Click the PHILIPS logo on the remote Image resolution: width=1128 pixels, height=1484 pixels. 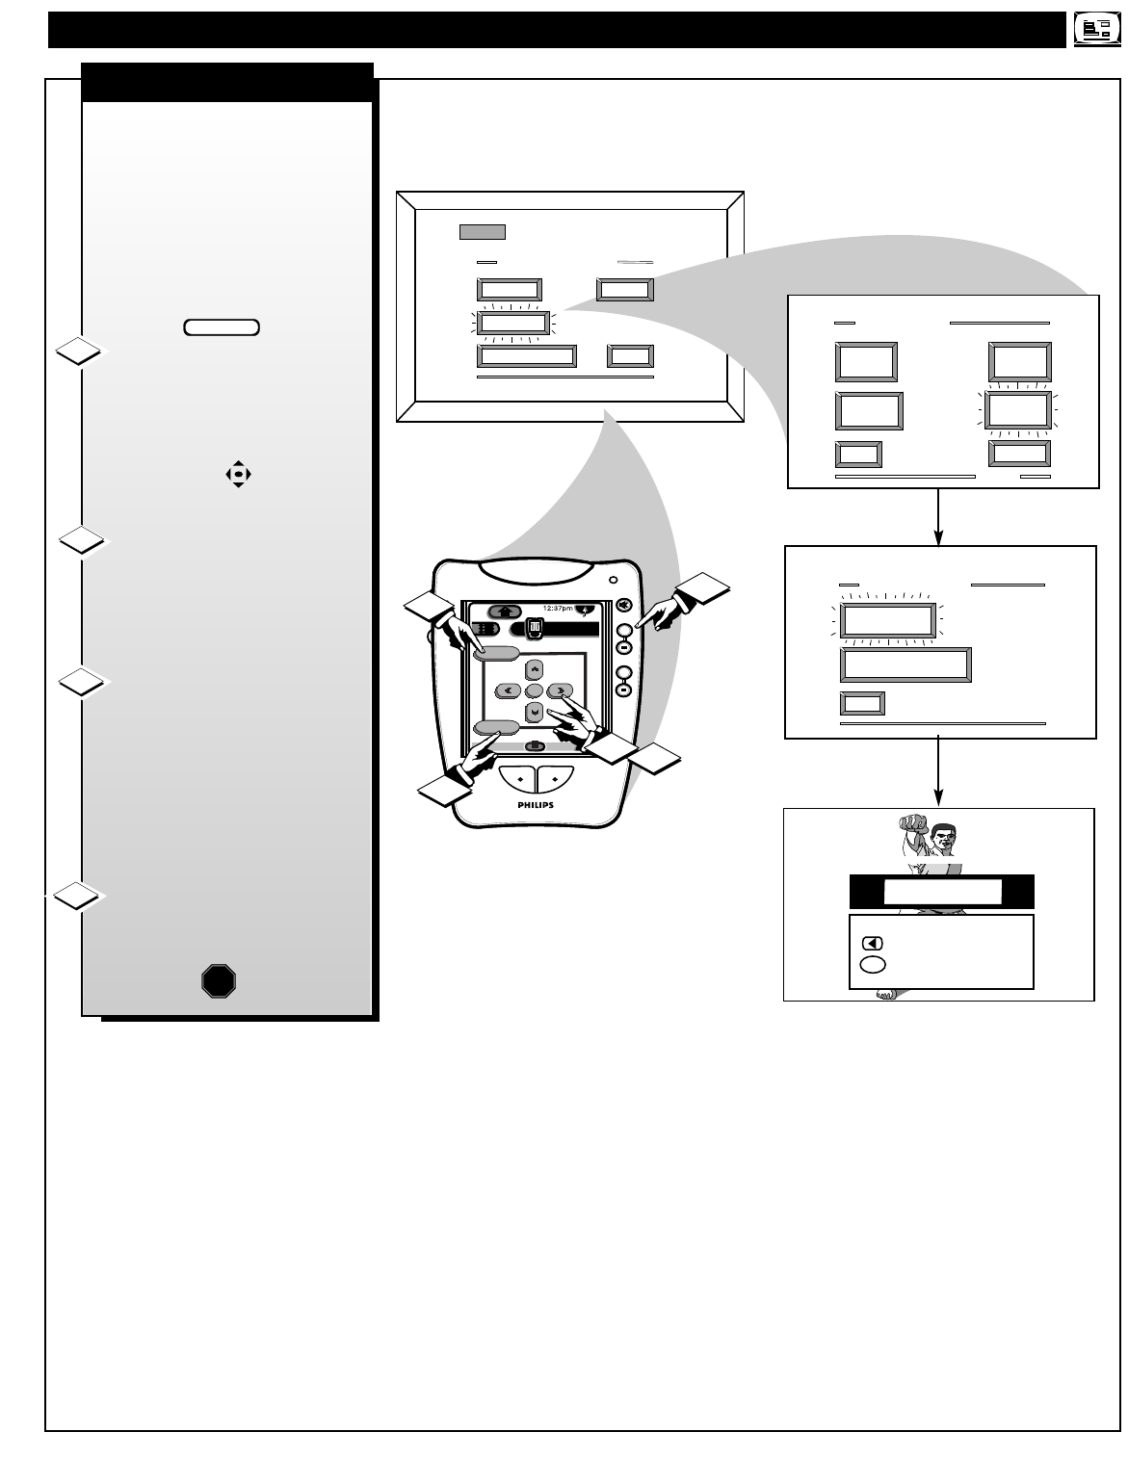(x=536, y=804)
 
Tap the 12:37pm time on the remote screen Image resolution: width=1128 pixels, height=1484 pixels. (x=558, y=609)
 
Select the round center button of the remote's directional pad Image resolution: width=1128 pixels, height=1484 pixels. (x=535, y=690)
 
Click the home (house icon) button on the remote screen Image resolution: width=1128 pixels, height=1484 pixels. (x=505, y=611)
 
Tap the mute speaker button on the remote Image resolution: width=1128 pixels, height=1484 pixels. (x=624, y=605)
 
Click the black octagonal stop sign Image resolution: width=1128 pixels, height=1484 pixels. (x=220, y=980)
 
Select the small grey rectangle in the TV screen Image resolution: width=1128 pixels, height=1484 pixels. (x=482, y=231)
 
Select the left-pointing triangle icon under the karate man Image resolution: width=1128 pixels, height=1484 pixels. (x=873, y=944)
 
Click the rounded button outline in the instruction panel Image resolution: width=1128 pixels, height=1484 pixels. (x=222, y=327)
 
